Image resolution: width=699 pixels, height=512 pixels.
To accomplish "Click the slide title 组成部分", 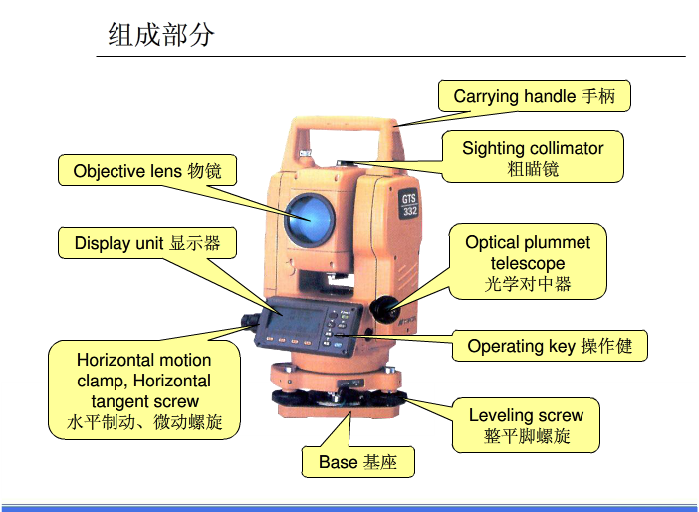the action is (x=161, y=35).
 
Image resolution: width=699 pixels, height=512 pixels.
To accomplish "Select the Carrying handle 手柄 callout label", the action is (x=534, y=96).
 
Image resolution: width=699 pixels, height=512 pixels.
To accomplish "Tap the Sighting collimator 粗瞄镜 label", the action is (x=533, y=157).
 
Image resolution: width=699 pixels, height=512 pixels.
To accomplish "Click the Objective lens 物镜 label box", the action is (x=147, y=170).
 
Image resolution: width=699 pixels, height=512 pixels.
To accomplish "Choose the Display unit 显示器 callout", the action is (x=147, y=243).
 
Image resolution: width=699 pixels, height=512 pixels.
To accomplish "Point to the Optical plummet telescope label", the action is (x=528, y=262).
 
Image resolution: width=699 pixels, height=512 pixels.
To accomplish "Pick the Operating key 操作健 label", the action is (x=550, y=346).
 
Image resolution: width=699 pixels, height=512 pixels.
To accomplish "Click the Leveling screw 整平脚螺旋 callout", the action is (x=526, y=425).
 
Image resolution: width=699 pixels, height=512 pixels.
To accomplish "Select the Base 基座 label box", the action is (x=358, y=462).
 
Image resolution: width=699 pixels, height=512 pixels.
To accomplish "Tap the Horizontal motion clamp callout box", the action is (x=144, y=390).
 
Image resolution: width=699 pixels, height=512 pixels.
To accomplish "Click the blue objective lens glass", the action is (x=310, y=219).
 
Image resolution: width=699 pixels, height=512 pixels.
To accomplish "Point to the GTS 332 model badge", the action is (x=409, y=205).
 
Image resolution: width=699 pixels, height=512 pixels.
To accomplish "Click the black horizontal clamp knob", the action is (x=250, y=320).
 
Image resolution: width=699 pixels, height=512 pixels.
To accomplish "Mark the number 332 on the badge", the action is (x=410, y=211).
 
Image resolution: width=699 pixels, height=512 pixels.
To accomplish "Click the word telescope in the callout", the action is (x=528, y=263).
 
